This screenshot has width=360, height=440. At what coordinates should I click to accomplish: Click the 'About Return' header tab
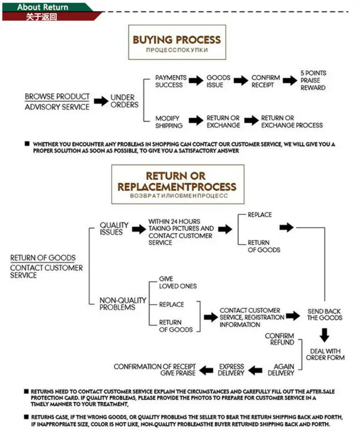[x=42, y=7]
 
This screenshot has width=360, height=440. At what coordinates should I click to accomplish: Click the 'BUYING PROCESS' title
[x=176, y=40]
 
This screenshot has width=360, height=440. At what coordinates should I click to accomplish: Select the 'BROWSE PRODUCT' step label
[x=57, y=97]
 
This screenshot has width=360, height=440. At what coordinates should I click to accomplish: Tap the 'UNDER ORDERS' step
[x=124, y=101]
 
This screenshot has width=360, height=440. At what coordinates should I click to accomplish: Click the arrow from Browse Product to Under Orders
[x=101, y=101]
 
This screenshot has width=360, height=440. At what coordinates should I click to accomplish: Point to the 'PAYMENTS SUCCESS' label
[x=170, y=81]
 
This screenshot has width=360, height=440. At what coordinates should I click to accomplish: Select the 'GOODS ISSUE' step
[x=218, y=81]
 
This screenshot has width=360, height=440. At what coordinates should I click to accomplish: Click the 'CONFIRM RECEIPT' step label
[x=265, y=81]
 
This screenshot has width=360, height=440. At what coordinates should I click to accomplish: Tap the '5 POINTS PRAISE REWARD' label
[x=313, y=80]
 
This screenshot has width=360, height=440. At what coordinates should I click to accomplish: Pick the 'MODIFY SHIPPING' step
[x=168, y=122]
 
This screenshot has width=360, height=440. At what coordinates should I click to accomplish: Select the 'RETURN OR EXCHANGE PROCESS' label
[x=292, y=122]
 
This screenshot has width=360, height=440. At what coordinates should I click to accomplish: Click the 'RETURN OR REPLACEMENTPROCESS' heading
[x=176, y=182]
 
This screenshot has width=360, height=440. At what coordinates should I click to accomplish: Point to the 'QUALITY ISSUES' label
[x=114, y=228]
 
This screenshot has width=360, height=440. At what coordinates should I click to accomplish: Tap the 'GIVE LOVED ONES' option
[x=178, y=283]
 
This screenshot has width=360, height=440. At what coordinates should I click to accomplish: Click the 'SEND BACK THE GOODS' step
[x=324, y=315]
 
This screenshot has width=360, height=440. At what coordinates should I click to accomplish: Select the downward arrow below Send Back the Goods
[x=324, y=334]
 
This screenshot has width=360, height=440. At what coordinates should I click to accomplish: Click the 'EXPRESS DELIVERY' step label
[x=231, y=370]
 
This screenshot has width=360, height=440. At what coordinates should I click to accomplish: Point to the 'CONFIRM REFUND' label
[x=279, y=339]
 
